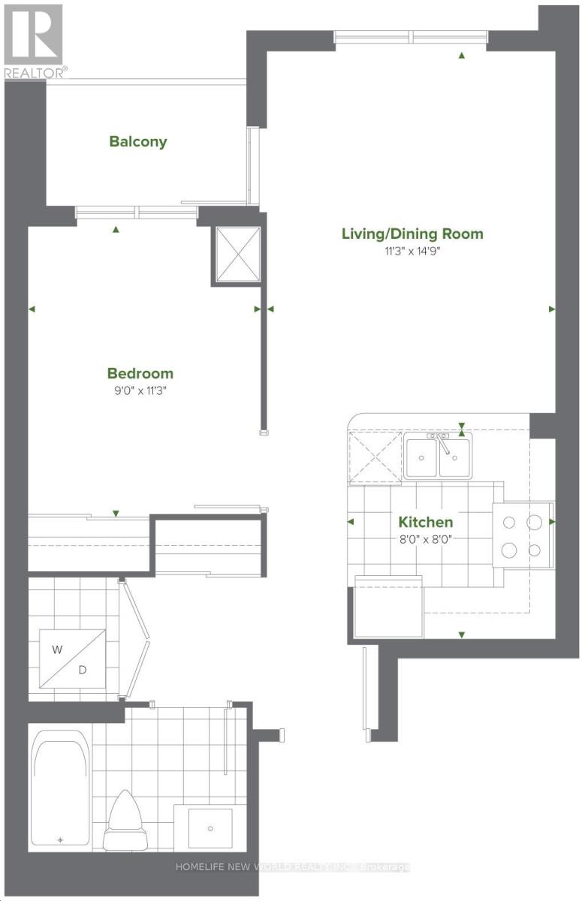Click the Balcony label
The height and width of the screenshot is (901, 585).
tap(138, 141)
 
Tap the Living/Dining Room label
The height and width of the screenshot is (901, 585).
tap(412, 234)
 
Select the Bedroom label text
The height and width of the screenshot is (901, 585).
tap(140, 373)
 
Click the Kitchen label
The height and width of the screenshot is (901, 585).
tap(426, 522)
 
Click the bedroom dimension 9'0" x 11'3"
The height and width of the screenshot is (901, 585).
tap(140, 390)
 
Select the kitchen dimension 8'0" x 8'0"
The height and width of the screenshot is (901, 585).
tap(426, 538)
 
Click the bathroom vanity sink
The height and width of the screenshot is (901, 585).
tap(210, 827)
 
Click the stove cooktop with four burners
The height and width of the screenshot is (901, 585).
tap(524, 535)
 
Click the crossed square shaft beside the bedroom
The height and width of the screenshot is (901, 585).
tap(237, 255)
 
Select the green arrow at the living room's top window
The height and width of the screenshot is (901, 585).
tap(462, 55)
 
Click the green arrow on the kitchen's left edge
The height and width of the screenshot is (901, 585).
tap(351, 522)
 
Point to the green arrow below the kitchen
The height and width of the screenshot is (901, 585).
tap(461, 635)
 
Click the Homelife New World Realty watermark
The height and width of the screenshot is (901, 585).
tap(293, 867)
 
